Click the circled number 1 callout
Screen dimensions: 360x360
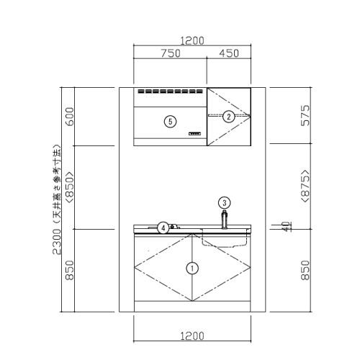[x=192, y=269]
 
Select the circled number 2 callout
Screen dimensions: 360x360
[x=228, y=117]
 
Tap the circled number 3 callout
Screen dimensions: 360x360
[x=225, y=203]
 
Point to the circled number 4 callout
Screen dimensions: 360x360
[x=163, y=228]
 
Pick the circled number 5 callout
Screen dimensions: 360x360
[x=170, y=122]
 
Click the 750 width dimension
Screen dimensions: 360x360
[x=171, y=53]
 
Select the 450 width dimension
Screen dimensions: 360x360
[x=229, y=53]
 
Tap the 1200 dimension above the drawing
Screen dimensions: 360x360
[x=192, y=41]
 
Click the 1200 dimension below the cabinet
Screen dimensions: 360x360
[x=192, y=336]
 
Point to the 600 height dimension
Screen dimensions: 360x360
[x=70, y=117]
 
